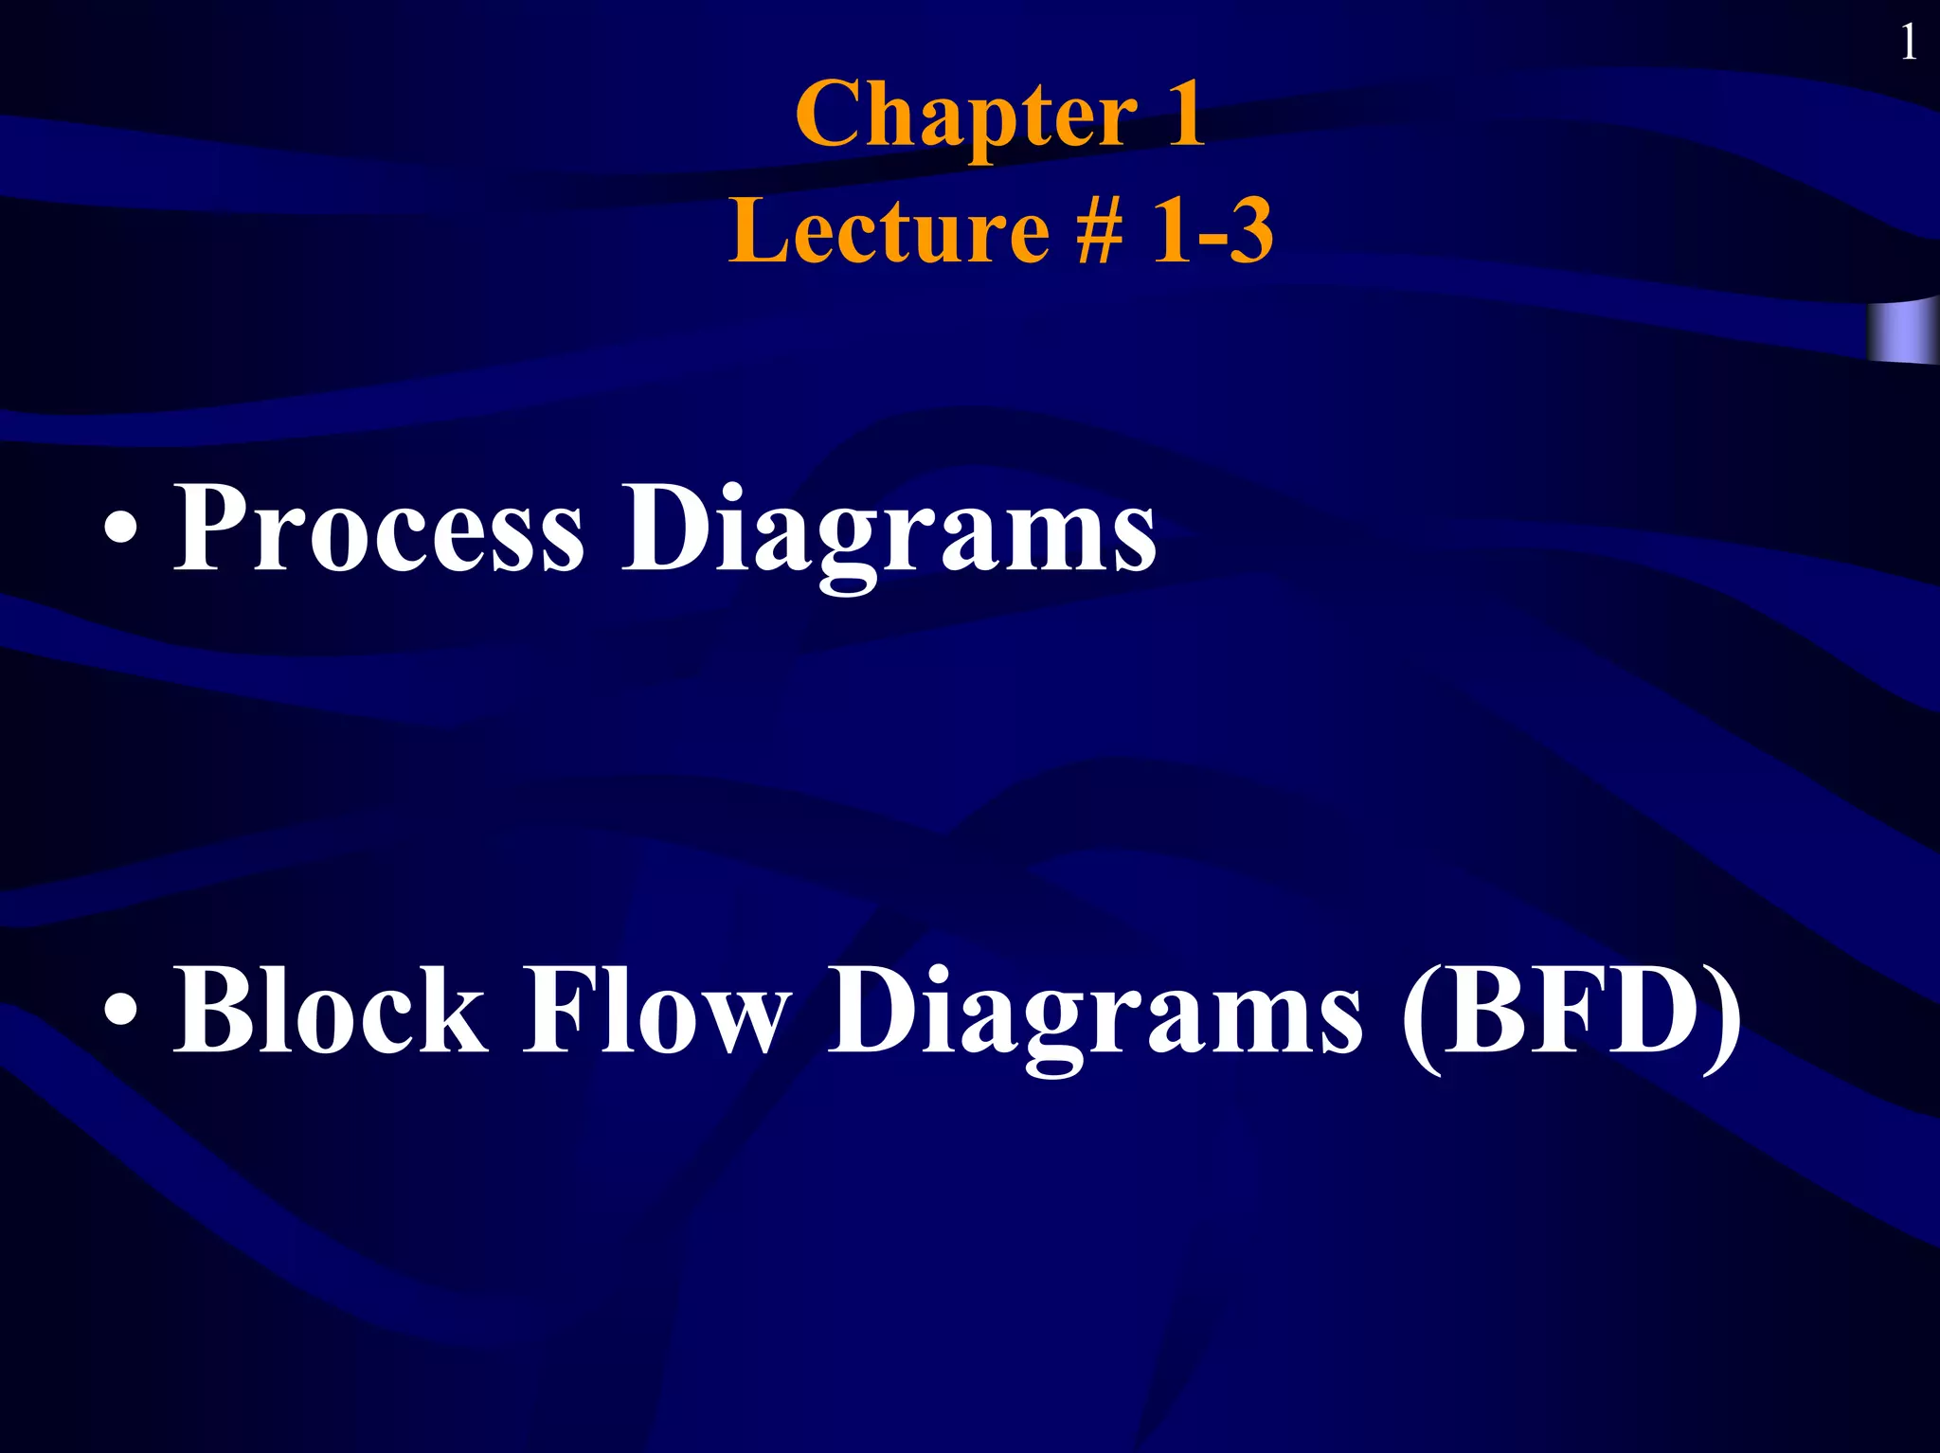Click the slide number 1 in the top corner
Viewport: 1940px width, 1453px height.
1909,43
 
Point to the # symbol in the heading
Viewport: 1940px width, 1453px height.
1101,232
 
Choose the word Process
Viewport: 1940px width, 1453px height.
379,528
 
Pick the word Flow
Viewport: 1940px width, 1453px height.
656,1009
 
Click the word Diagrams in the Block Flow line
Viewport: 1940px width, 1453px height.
1096,1015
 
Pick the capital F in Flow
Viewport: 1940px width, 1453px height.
558,1009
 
